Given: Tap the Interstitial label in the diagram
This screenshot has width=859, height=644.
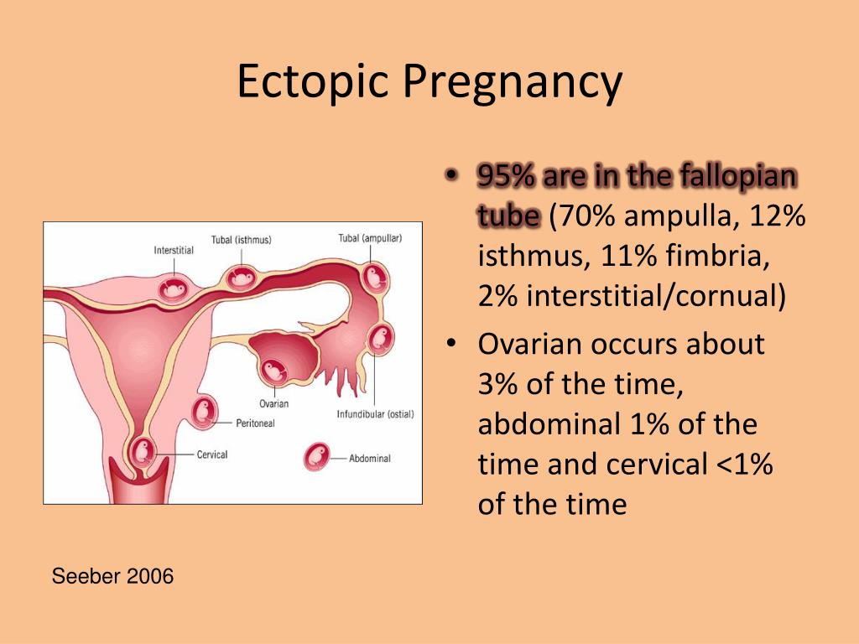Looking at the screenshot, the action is coord(174,250).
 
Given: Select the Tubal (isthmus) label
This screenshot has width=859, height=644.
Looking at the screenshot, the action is coord(241,240).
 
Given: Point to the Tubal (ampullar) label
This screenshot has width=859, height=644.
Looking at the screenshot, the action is coord(370,238).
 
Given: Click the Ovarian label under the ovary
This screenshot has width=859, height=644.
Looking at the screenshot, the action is coord(274,403).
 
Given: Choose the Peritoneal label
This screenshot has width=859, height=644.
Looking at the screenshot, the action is coord(255,423).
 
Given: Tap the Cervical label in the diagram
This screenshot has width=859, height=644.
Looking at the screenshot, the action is coord(212,454).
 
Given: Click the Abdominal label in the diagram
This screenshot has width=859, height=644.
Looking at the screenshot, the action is coord(370,459).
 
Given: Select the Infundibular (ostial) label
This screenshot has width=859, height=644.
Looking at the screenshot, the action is coord(375,414).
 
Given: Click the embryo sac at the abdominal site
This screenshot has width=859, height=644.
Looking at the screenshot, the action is coord(317,457).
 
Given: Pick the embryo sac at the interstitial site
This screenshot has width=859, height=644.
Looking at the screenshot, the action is coord(174,288).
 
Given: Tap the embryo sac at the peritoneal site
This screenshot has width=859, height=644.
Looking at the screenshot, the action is coord(205,412).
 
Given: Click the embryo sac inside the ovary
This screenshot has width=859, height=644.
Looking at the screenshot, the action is coord(273,371).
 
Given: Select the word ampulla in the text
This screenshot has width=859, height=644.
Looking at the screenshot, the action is coord(678,216).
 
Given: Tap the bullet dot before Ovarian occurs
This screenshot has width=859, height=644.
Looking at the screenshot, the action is coord(450,344).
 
